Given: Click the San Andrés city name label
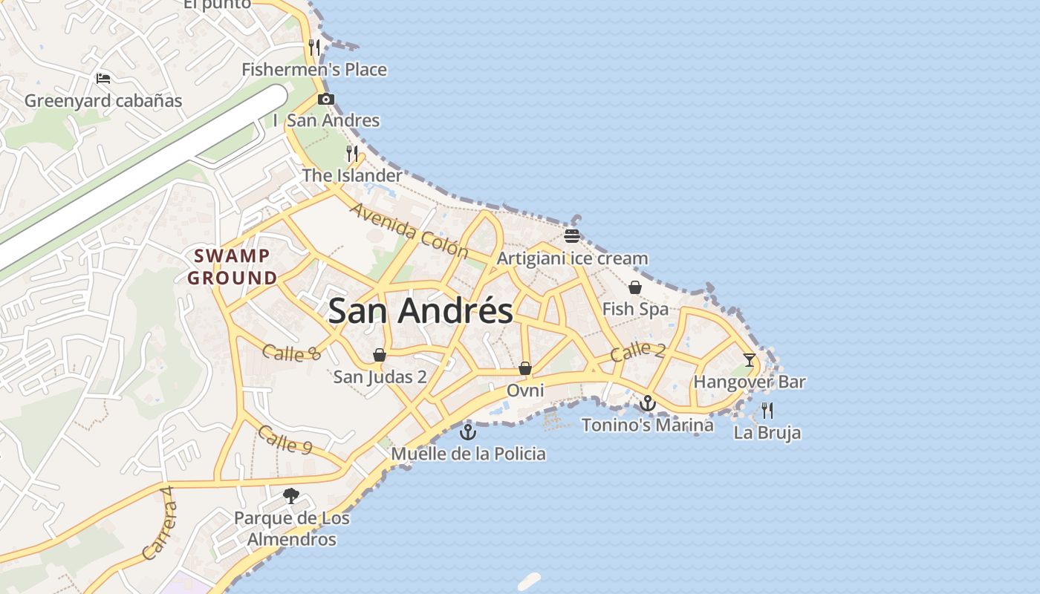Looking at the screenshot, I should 420,310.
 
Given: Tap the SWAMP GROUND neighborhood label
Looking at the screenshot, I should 232,267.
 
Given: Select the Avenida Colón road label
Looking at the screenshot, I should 409,230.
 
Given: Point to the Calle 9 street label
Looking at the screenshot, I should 285,440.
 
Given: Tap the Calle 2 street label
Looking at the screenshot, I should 637,352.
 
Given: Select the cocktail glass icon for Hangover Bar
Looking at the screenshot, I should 749,360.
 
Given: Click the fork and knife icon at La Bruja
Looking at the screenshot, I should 767,410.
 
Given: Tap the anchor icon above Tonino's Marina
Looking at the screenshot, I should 648,403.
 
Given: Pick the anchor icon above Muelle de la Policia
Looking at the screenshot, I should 468,431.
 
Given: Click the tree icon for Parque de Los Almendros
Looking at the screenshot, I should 291,496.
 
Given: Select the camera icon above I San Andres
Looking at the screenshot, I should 325,99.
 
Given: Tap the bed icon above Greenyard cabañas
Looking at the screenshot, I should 103,78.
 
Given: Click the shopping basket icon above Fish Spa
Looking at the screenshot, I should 635,287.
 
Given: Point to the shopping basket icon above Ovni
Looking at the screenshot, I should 525,368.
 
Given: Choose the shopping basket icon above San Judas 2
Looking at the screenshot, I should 380,355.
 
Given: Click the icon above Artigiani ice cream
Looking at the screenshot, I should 572,236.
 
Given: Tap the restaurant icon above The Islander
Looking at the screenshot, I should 352,154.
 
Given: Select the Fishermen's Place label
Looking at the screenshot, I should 314,70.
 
